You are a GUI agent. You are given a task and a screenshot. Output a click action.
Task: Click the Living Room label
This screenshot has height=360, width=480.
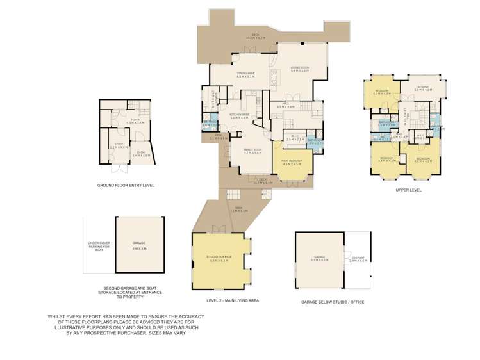tap(299, 69)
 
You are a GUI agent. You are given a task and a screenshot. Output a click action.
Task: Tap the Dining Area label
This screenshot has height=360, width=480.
tap(245, 74)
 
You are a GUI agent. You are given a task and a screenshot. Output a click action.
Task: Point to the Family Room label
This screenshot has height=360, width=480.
tap(252, 151)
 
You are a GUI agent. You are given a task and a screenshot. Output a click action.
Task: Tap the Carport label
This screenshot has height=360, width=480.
tap(358, 259)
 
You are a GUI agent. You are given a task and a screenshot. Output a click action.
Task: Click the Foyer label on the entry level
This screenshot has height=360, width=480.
tap(135, 120)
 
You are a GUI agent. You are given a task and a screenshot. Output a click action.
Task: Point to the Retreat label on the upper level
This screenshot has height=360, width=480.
tap(422, 89)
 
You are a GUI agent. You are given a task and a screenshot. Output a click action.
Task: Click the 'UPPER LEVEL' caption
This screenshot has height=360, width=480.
tap(408, 190)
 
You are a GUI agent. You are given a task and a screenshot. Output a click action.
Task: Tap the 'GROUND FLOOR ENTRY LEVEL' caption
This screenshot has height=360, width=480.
tap(126, 185)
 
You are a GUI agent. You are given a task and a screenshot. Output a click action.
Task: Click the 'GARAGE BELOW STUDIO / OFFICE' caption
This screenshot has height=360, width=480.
tap(332, 301)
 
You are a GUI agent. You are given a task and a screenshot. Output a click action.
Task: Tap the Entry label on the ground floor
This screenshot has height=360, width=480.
tap(141, 154)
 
